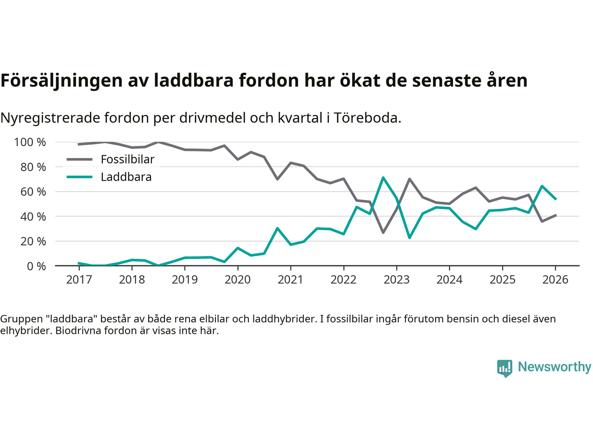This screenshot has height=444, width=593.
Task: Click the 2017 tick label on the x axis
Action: tap(79, 280)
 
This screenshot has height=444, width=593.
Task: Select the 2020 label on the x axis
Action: tap(238, 280)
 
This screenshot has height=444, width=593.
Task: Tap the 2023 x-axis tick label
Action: tap(397, 280)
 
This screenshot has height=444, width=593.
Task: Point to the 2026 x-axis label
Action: tap(555, 280)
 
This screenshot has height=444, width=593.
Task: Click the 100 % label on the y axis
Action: tap(30, 142)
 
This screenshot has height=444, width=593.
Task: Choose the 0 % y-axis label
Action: tap(36, 266)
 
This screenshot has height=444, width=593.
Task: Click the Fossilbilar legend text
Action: tap(127, 160)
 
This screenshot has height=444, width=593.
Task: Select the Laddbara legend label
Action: tap(126, 177)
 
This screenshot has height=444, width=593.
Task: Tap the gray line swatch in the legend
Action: tap(80, 160)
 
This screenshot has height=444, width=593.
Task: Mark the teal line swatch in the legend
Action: tap(80, 177)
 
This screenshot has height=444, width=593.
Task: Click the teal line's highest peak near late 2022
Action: tap(383, 178)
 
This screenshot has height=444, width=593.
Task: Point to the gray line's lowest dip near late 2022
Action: tap(383, 232)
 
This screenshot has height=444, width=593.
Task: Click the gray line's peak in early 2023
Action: tap(410, 179)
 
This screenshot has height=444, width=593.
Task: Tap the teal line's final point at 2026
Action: tap(555, 199)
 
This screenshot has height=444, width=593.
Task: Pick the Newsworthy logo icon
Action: tap(505, 368)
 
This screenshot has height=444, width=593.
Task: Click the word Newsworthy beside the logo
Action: tap(555, 367)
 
